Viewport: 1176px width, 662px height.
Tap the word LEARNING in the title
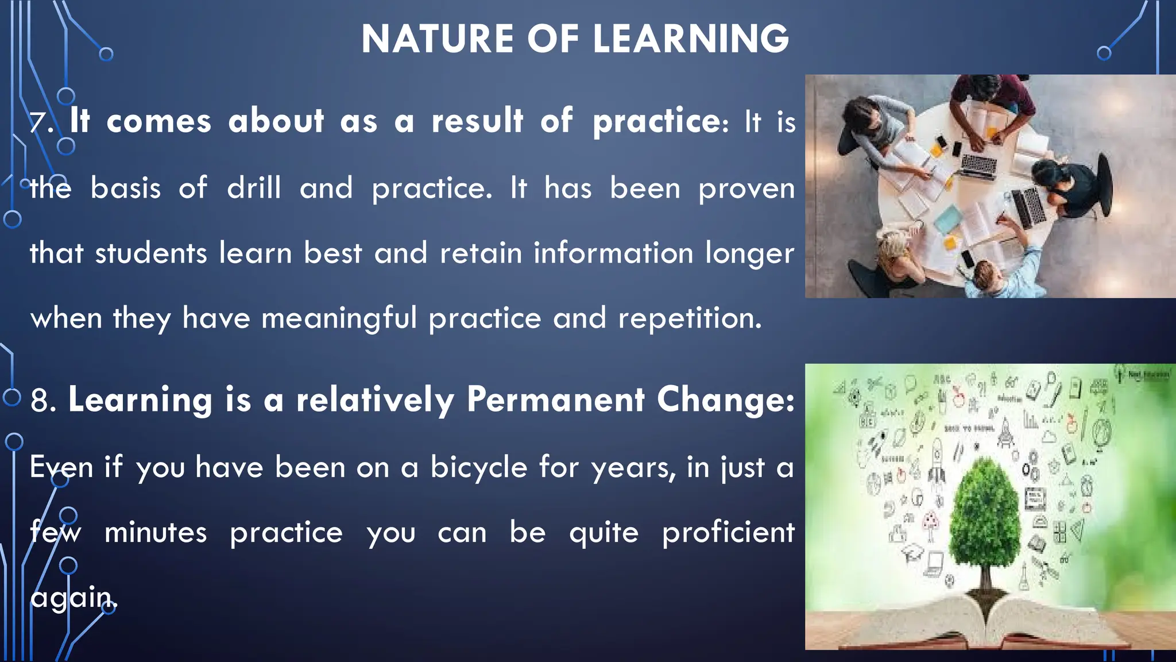691,39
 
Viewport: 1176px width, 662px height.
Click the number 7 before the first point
39,122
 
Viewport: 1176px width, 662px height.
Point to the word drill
254,188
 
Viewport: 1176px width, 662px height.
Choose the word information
613,253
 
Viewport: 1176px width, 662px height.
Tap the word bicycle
478,467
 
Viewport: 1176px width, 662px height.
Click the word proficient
728,533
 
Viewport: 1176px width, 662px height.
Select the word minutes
155,533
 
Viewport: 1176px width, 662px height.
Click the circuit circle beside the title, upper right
1104,53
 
